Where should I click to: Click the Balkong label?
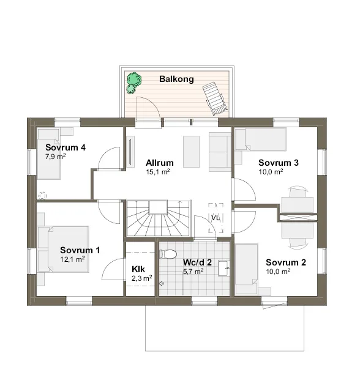click(x=176, y=79)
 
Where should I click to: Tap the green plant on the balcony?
click(x=133, y=83)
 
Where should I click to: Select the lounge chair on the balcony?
click(x=215, y=98)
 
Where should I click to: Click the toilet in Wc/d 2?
click(x=168, y=254)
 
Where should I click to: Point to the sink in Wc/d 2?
click(x=223, y=269)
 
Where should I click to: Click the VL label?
click(x=216, y=218)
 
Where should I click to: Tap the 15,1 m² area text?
click(x=158, y=172)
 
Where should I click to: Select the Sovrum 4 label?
click(x=66, y=147)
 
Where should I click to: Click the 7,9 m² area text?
click(x=55, y=157)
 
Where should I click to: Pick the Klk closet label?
click(x=138, y=269)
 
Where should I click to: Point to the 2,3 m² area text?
click(x=141, y=278)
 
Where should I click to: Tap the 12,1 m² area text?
click(x=72, y=259)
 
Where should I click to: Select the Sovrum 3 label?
click(x=279, y=163)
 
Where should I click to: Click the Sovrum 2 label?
click(x=286, y=262)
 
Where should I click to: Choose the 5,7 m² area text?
click(x=193, y=271)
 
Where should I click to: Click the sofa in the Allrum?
click(x=220, y=152)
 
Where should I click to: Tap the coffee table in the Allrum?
click(x=191, y=152)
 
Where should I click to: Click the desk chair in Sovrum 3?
click(x=298, y=192)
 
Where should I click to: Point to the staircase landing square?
click(x=159, y=207)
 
